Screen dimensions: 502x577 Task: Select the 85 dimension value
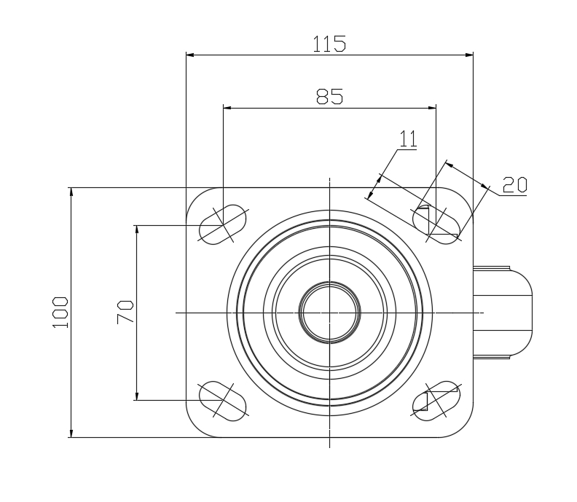[329, 97]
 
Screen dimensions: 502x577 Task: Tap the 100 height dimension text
[60, 313]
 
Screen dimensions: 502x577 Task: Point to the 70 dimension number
[125, 313]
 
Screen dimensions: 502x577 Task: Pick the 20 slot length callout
[514, 185]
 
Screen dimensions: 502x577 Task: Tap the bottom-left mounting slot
[224, 400]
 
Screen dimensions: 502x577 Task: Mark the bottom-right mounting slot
[436, 400]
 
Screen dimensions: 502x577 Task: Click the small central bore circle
[329, 313]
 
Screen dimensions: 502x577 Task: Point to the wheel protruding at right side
[503, 313]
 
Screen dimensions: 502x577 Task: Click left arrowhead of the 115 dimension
[190, 54]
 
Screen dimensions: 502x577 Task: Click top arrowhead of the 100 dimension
[71, 192]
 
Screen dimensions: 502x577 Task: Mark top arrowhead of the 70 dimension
[136, 229]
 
